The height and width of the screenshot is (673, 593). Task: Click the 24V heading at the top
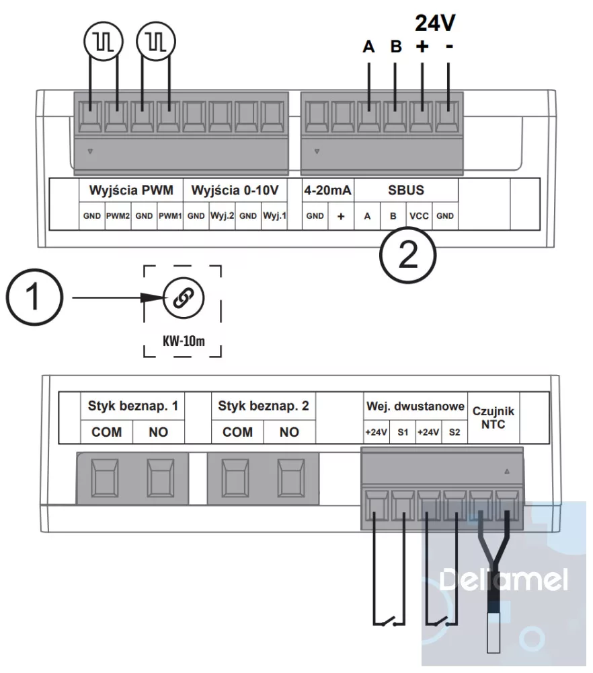[435, 24]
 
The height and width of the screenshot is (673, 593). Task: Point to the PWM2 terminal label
[117, 217]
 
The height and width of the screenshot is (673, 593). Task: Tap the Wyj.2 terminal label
[221, 217]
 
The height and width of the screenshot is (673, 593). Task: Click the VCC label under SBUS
[420, 217]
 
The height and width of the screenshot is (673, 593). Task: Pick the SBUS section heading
[406, 190]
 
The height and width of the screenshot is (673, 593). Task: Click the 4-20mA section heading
[327, 190]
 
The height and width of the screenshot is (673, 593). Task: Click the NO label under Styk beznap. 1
[159, 432]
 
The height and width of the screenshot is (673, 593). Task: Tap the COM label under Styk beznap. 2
[237, 432]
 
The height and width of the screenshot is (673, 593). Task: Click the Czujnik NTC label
[493, 417]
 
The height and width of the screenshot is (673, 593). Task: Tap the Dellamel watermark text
[503, 579]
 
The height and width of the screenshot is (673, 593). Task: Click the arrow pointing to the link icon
[114, 297]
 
